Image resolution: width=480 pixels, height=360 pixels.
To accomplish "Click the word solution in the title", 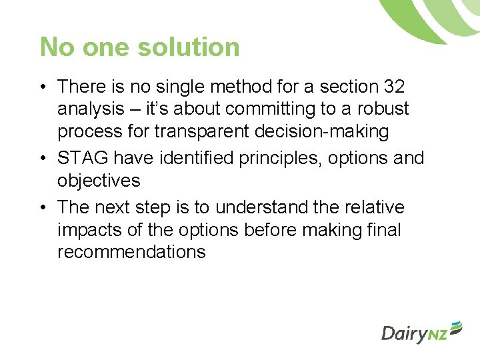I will tap(189, 47).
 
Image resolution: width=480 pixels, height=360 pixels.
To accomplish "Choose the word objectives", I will tap(99, 181).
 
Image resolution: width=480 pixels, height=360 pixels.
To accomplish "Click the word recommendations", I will tap(131, 253).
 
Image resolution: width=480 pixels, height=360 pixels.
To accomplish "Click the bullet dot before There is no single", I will tap(42, 87).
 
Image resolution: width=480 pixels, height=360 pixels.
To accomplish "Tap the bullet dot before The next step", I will tap(42, 208).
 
